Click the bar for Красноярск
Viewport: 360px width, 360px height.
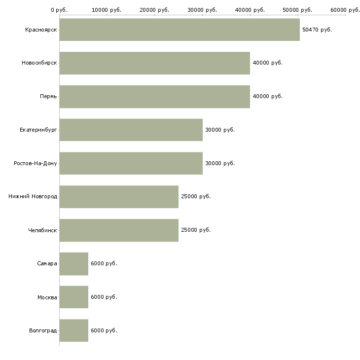pyautogui.click(x=180, y=30)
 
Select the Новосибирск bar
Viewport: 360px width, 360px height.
pyautogui.click(x=154, y=63)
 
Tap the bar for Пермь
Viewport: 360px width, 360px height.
pyautogui.click(x=154, y=96)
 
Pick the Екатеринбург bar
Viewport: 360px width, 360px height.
pyautogui.click(x=131, y=130)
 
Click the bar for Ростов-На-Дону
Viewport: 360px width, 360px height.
pyautogui.click(x=131, y=163)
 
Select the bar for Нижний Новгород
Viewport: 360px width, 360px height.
pyautogui.click(x=119, y=197)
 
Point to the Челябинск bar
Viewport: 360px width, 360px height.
pyautogui.click(x=119, y=230)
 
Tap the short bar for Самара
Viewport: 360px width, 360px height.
pyautogui.click(x=74, y=263)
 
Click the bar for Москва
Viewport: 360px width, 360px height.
pyautogui.click(x=74, y=297)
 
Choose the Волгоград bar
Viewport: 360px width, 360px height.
pyautogui.click(x=74, y=330)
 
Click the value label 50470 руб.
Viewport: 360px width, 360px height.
pyautogui.click(x=317, y=30)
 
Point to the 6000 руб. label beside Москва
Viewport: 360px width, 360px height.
pyautogui.click(x=104, y=297)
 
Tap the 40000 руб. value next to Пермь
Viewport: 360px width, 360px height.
pyautogui.click(x=267, y=96)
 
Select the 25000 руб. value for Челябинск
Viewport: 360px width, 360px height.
pyautogui.click(x=196, y=230)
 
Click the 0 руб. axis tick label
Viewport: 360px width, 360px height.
pyautogui.click(x=59, y=10)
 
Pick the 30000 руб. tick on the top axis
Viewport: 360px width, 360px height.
pyautogui.click(x=202, y=10)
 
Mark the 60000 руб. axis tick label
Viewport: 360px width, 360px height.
pyautogui.click(x=345, y=10)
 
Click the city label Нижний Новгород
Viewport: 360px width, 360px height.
pyautogui.click(x=33, y=197)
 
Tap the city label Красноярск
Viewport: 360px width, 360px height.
pyautogui.click(x=41, y=30)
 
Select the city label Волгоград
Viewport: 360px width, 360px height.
pyautogui.click(x=43, y=330)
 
